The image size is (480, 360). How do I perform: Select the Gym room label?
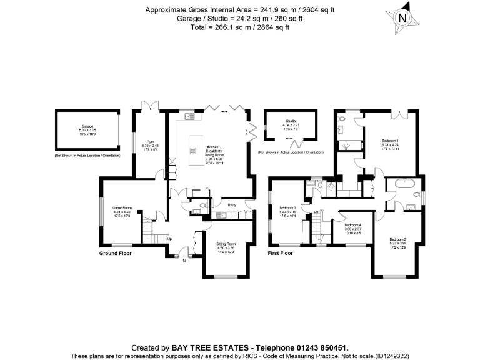150,142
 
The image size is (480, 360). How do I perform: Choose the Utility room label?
231,205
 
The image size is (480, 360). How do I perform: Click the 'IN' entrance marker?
184,261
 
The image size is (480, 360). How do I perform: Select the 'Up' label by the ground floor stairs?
168,238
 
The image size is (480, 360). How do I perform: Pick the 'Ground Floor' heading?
116,254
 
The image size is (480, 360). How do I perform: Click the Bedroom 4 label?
353,224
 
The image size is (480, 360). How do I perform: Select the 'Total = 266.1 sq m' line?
239,27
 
